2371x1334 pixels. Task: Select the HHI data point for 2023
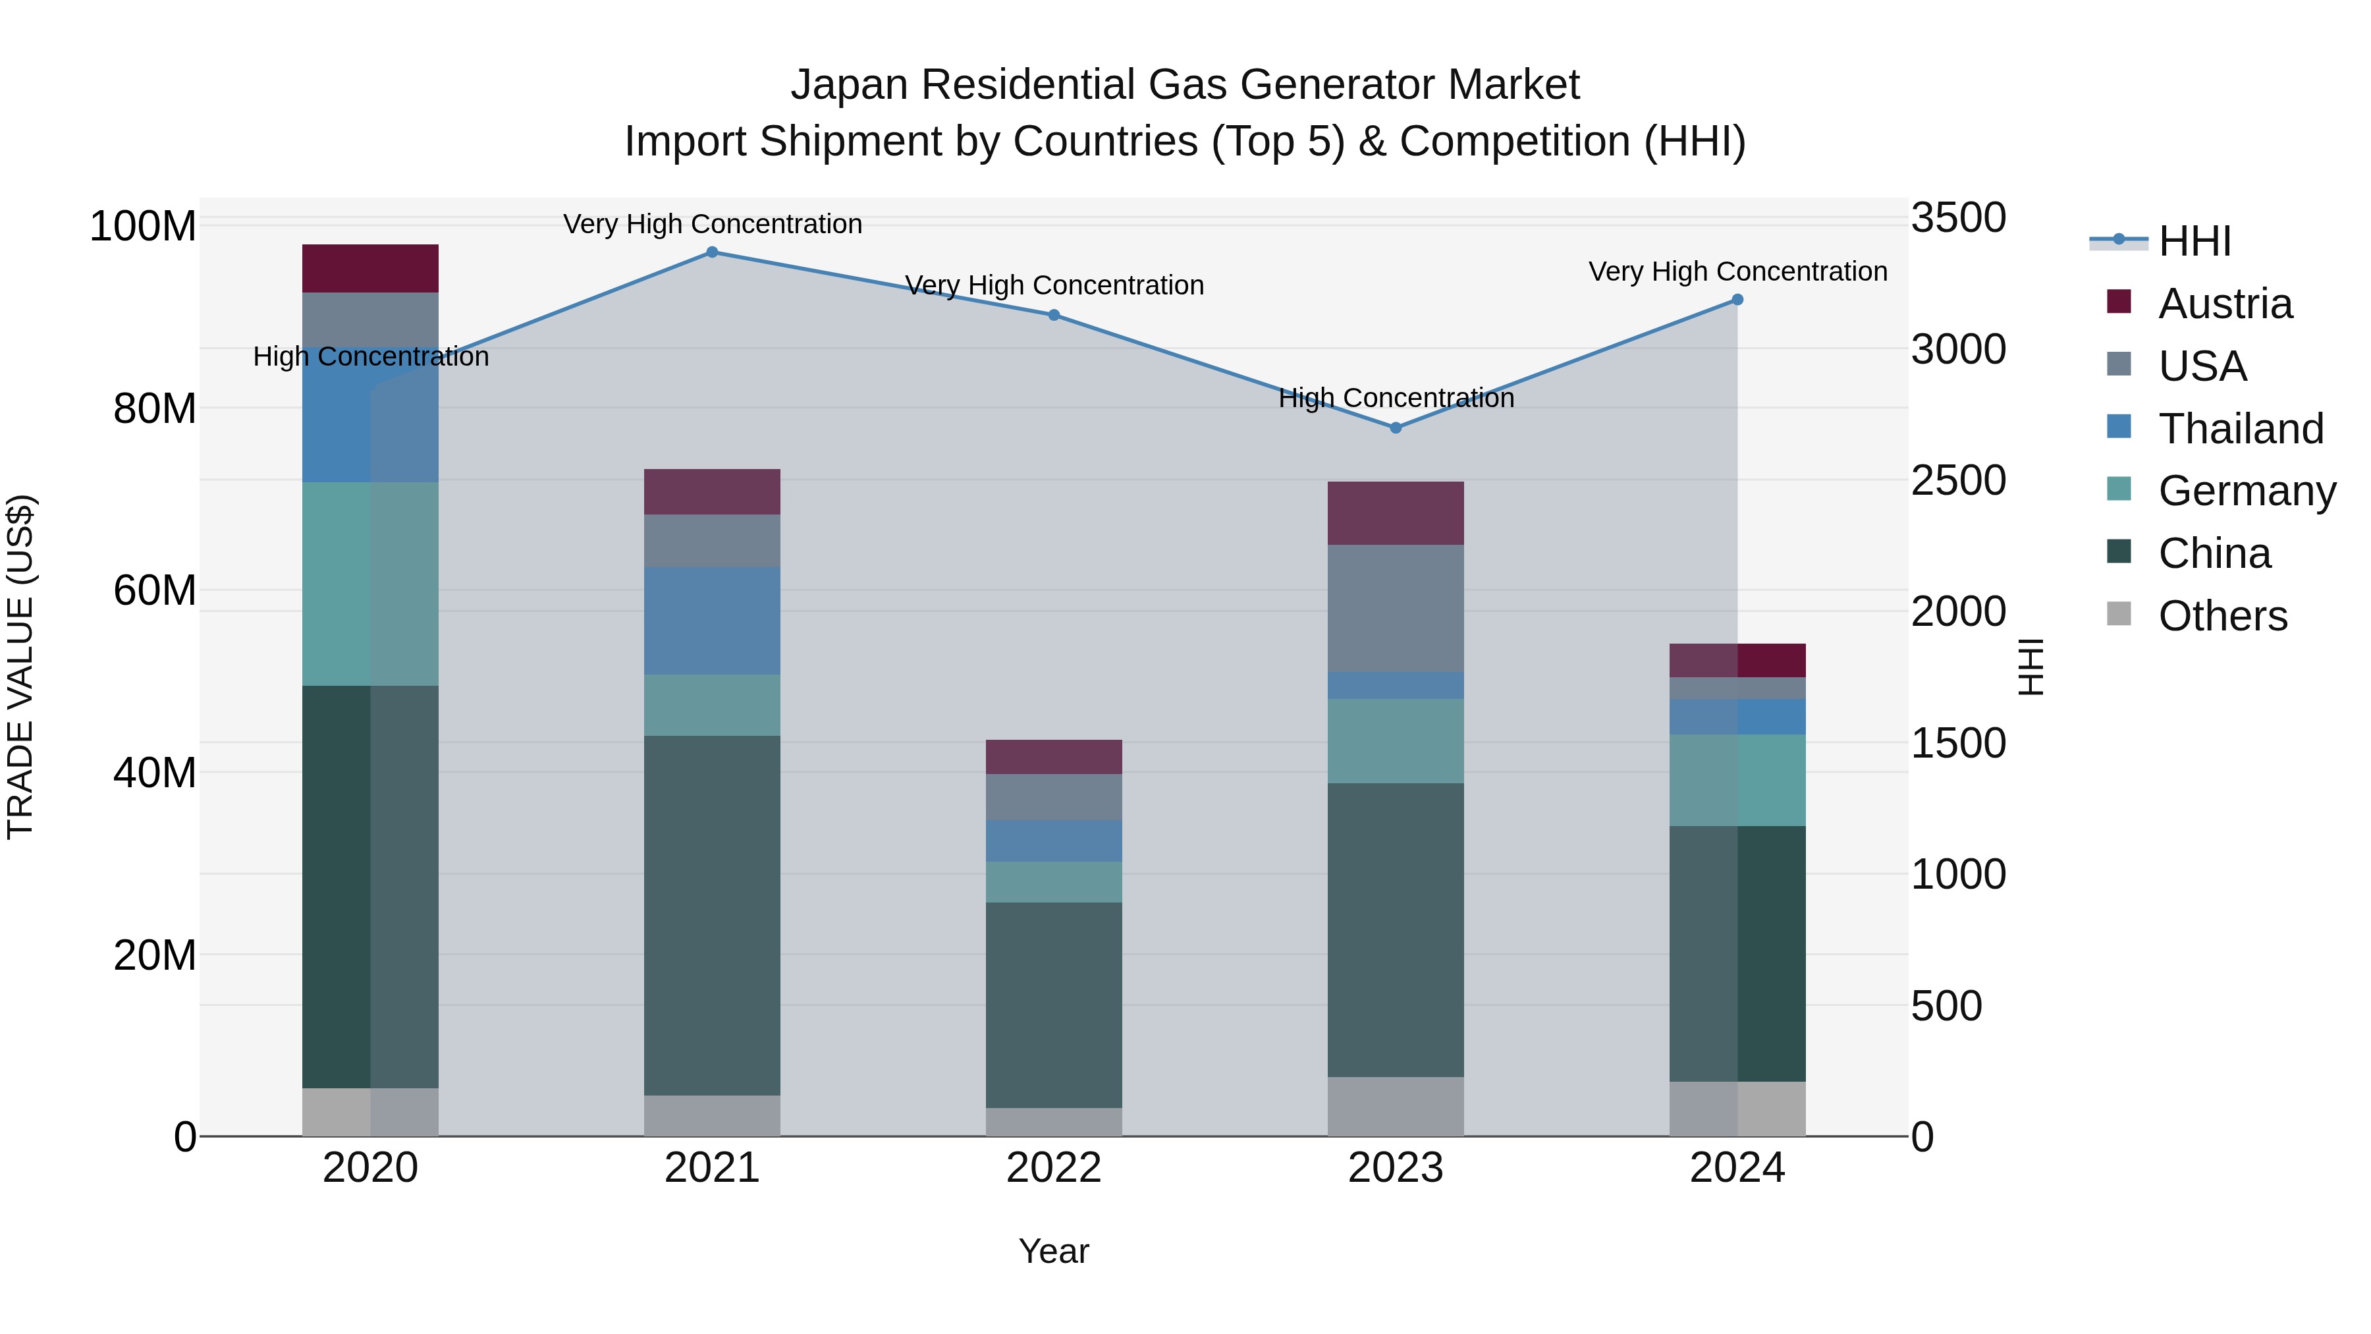coord(1396,428)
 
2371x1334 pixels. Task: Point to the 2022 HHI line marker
coord(1054,315)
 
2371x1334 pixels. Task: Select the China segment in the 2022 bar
coord(1054,1005)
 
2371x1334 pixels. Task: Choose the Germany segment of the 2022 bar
coord(1054,882)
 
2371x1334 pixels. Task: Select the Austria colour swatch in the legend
coord(2119,302)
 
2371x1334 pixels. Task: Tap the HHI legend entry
coord(2194,241)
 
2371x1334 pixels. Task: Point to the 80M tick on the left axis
coord(155,408)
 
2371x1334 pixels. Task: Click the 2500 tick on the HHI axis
coord(1958,481)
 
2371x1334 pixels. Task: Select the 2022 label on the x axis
coord(1054,1168)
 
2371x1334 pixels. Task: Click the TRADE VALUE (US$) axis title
coord(20,667)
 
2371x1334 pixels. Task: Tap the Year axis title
coord(1054,1251)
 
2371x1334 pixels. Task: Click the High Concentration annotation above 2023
coord(1396,399)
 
